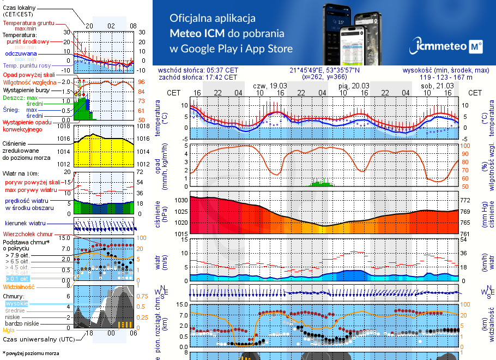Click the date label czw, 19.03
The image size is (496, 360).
(270, 86)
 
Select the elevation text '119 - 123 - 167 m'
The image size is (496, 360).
(446, 77)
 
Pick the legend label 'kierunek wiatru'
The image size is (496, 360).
(26, 224)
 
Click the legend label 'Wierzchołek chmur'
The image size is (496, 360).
(27, 234)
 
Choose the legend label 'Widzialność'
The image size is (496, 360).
(19, 286)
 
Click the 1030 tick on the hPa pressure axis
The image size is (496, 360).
(180, 201)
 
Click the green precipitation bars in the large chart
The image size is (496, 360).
(322, 183)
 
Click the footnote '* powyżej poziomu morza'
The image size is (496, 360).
(31, 353)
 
